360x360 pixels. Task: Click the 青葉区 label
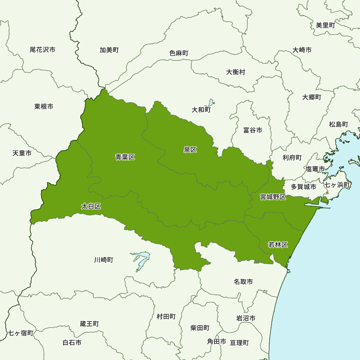click(125, 157)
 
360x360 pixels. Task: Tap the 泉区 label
click(190, 150)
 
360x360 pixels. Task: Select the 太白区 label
click(91, 206)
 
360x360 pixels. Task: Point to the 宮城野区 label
click(273, 197)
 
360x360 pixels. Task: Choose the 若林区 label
click(278, 245)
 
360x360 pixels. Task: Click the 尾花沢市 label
click(42, 50)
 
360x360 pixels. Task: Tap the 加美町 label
click(109, 50)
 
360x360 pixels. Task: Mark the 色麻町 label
click(179, 53)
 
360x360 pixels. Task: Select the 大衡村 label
click(236, 72)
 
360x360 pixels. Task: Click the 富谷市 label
click(253, 130)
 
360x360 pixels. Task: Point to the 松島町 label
click(338, 124)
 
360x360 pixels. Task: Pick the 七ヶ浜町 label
click(337, 185)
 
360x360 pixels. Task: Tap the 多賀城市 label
click(303, 187)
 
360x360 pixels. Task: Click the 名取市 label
click(243, 282)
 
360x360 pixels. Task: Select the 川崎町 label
click(104, 260)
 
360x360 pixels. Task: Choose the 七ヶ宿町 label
click(21, 333)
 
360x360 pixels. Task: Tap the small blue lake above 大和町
click(211, 103)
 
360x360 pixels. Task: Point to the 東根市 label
click(44, 106)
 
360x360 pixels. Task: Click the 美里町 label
click(325, 25)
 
